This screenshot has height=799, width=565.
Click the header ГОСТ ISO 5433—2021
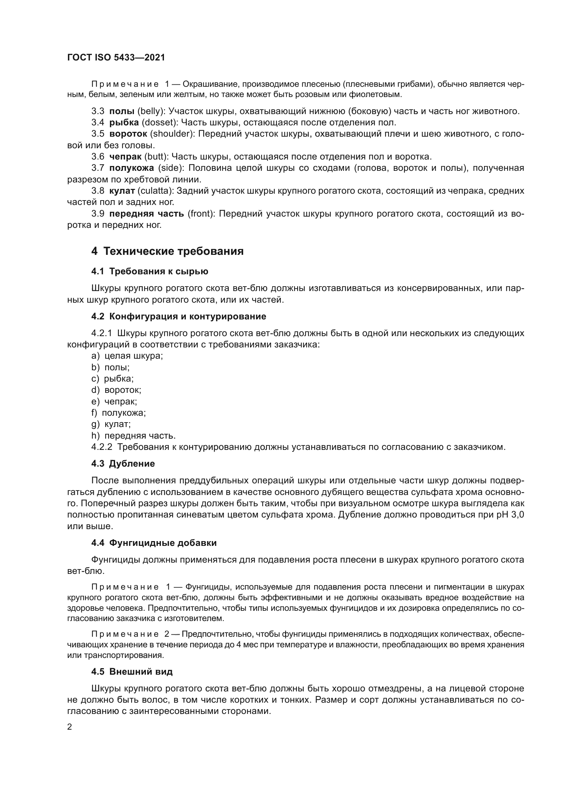click(116, 57)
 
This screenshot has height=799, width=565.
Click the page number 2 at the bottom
click(70, 727)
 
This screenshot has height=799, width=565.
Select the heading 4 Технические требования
click(167, 251)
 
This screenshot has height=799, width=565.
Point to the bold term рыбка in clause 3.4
click(124, 123)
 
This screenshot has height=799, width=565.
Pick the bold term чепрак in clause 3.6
click(125, 156)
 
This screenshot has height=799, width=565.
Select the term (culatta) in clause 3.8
click(155, 191)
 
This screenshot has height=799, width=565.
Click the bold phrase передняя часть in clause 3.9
click(147, 213)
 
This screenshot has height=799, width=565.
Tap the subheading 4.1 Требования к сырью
click(150, 272)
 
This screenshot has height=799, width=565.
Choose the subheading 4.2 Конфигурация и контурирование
click(178, 316)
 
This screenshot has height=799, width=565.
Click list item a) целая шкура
click(127, 356)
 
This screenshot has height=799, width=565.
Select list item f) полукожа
click(118, 413)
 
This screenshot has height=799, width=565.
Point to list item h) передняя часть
click(133, 436)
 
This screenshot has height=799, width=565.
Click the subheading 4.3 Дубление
click(123, 464)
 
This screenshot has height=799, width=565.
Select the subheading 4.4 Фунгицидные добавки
click(154, 543)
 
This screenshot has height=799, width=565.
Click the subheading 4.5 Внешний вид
click(132, 672)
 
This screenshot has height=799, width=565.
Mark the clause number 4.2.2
click(101, 447)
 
